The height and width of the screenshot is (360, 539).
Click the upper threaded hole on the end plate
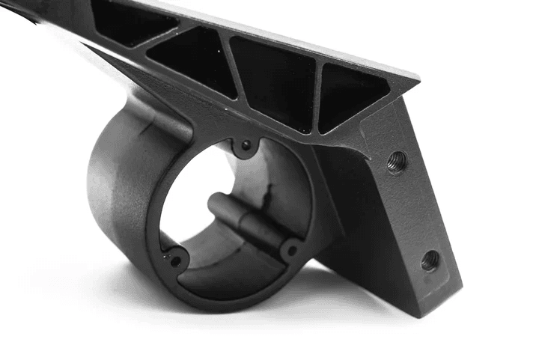click(x=398, y=161)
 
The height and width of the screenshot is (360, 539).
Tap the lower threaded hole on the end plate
click(x=430, y=260)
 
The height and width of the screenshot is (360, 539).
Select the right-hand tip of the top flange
click(x=416, y=76)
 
